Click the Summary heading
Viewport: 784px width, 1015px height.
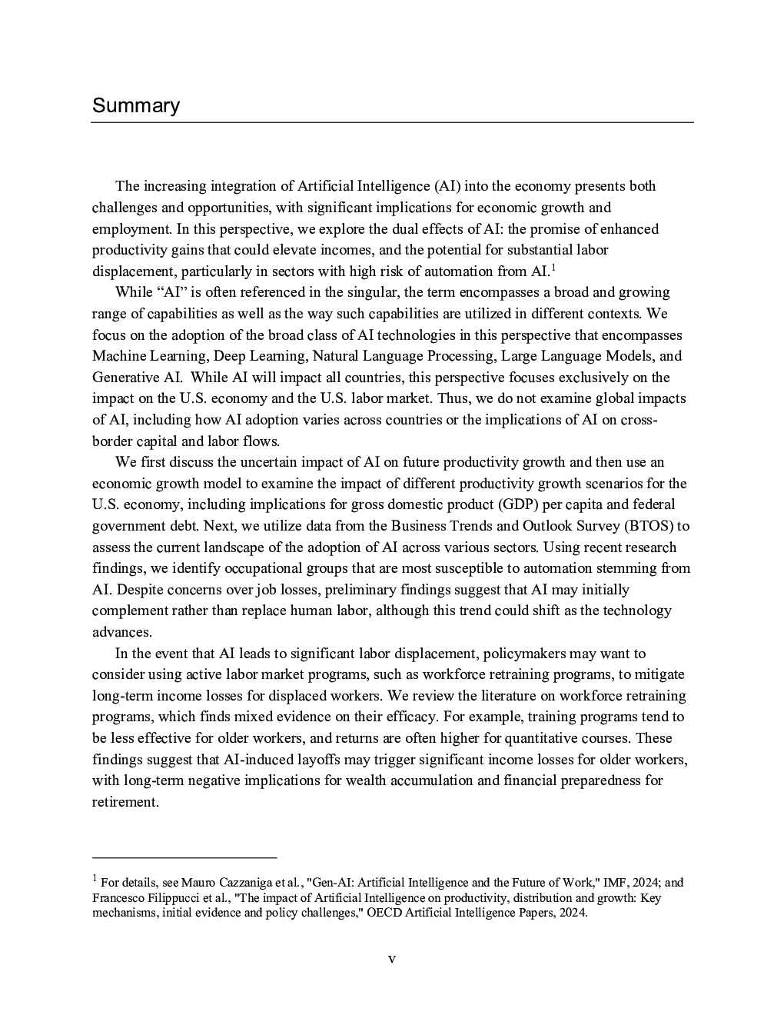(x=136, y=106)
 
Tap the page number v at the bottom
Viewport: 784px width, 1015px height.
(x=392, y=959)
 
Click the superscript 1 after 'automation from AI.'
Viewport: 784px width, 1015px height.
(x=553, y=268)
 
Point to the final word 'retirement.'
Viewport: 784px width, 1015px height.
(x=125, y=802)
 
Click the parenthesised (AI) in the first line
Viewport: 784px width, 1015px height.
(x=447, y=186)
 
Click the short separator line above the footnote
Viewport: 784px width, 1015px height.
(x=184, y=857)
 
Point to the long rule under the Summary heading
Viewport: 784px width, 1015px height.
(x=392, y=122)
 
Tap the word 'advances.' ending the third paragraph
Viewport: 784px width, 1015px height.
(x=122, y=632)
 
